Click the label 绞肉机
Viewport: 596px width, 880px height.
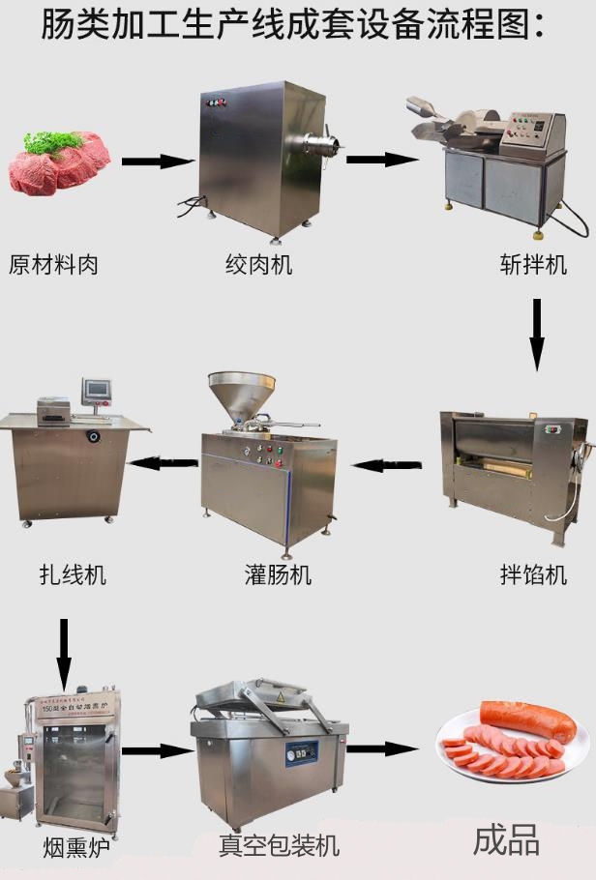(x=259, y=263)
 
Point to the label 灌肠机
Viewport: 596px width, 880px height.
(x=278, y=574)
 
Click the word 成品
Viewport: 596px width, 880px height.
(x=506, y=840)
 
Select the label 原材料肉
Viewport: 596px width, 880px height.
(x=54, y=263)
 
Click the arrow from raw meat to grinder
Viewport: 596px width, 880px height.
(x=159, y=161)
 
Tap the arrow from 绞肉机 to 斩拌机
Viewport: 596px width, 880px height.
(x=380, y=159)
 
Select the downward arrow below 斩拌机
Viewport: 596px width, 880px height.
(x=537, y=335)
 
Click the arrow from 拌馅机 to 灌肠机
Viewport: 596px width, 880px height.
(x=387, y=465)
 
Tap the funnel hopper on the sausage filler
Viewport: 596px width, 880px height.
(x=242, y=395)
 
